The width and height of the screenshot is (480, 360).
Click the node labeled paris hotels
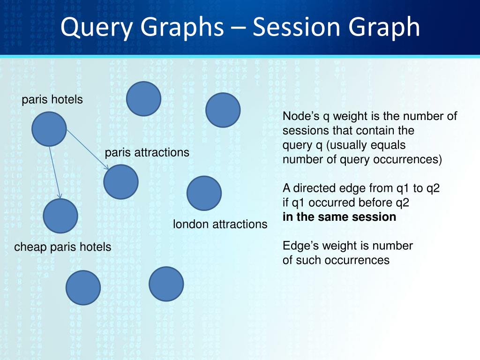[49, 129]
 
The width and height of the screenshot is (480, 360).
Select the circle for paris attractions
[121, 182]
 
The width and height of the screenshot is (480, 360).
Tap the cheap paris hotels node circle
[60, 216]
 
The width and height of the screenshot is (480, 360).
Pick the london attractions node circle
[204, 193]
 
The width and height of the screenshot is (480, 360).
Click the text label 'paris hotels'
[52, 100]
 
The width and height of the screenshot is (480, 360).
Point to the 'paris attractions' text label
[147, 152]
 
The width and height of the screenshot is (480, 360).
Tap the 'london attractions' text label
[220, 224]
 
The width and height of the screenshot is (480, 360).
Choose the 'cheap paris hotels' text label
[63, 247]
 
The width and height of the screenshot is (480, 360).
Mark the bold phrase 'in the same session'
[339, 217]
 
